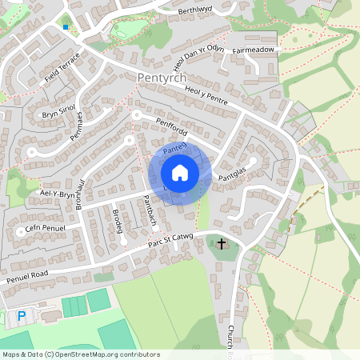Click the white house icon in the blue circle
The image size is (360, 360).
tap(179, 172)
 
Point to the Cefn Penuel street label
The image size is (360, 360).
tap(44, 228)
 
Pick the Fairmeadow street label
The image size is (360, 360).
tap(254, 50)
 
